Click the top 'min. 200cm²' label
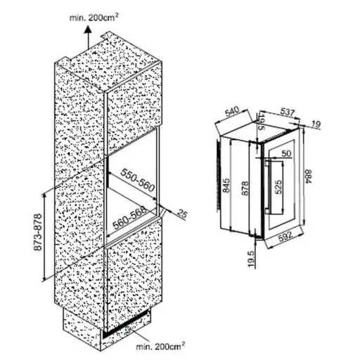click(94, 18)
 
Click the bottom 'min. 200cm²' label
click(160, 346)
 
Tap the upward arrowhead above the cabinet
click(88, 29)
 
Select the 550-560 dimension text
click(138, 180)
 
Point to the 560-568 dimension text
click(130, 218)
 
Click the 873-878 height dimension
click(38, 232)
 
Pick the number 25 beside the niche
click(182, 213)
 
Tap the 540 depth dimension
click(232, 112)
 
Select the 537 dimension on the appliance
click(288, 112)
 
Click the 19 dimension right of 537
click(316, 124)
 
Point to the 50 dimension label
click(286, 153)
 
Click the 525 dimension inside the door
click(278, 187)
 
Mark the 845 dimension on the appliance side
click(226, 186)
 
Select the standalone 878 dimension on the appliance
click(244, 188)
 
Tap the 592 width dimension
click(285, 237)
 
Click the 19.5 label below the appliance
click(251, 259)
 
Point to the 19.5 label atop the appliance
click(262, 122)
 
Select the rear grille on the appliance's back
click(219, 174)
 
